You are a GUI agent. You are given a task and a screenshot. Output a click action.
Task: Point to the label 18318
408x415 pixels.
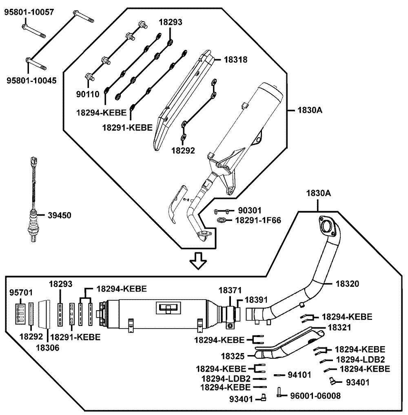[236, 60]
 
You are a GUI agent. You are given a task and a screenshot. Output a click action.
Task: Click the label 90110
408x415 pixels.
[87, 95]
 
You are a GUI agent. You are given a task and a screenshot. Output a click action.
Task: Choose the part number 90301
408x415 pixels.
[249, 211]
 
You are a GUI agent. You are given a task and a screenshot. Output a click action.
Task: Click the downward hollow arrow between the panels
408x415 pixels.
[199, 261]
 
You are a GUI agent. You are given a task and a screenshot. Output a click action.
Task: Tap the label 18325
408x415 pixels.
[233, 356]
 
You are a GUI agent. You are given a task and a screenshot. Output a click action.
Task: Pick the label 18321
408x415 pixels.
[339, 327]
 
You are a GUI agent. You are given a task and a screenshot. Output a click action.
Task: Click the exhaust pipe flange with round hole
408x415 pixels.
[327, 225]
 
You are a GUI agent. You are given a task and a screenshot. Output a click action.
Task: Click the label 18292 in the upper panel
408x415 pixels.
[183, 150]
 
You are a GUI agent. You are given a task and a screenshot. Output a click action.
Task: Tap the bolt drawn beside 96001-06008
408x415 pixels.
[280, 393]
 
